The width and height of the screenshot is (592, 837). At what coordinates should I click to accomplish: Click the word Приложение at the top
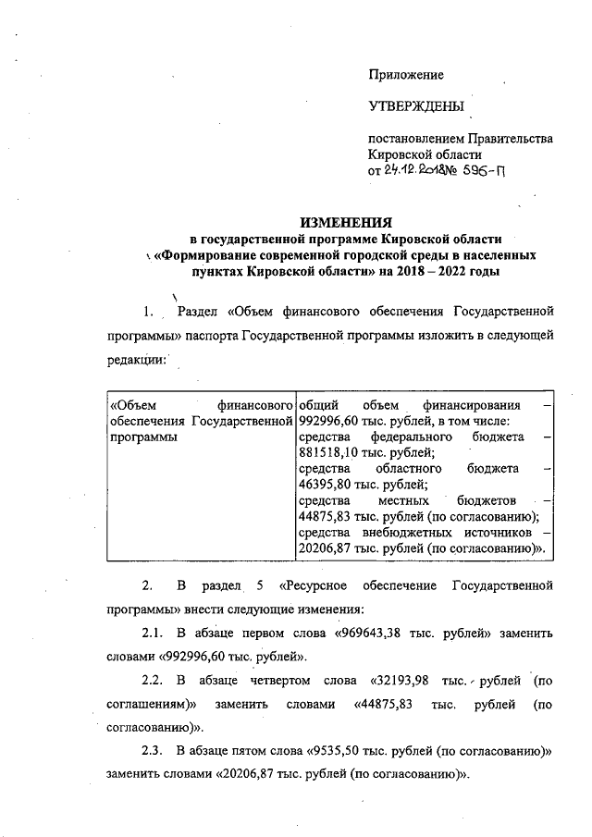[x=406, y=75]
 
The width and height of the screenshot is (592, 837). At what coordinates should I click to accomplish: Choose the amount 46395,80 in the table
[x=327, y=484]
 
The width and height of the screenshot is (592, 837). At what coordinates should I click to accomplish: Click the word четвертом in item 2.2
[x=267, y=682]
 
